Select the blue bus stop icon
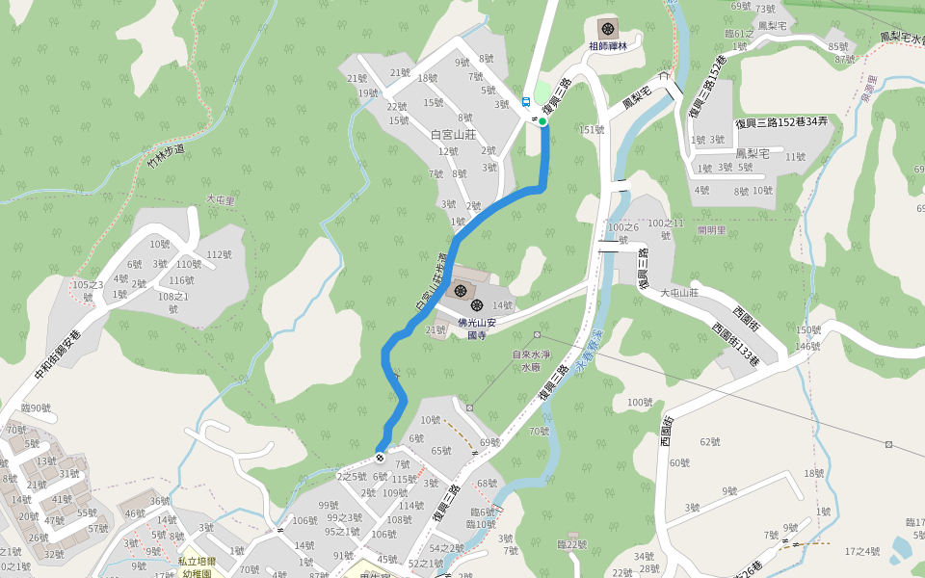pyautogui.click(x=526, y=101)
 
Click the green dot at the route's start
pyautogui.click(x=542, y=121)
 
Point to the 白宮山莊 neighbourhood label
pyautogui.click(x=454, y=134)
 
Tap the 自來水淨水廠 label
pyautogui.click(x=532, y=360)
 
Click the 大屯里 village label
pyautogui.click(x=221, y=199)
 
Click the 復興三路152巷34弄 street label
pyautogui.click(x=781, y=122)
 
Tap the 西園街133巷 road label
pyautogui.click(x=735, y=344)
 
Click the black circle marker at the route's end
pyautogui.click(x=381, y=457)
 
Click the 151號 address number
pyautogui.click(x=591, y=130)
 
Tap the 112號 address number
pyautogui.click(x=219, y=255)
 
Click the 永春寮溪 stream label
pyautogui.click(x=589, y=365)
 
